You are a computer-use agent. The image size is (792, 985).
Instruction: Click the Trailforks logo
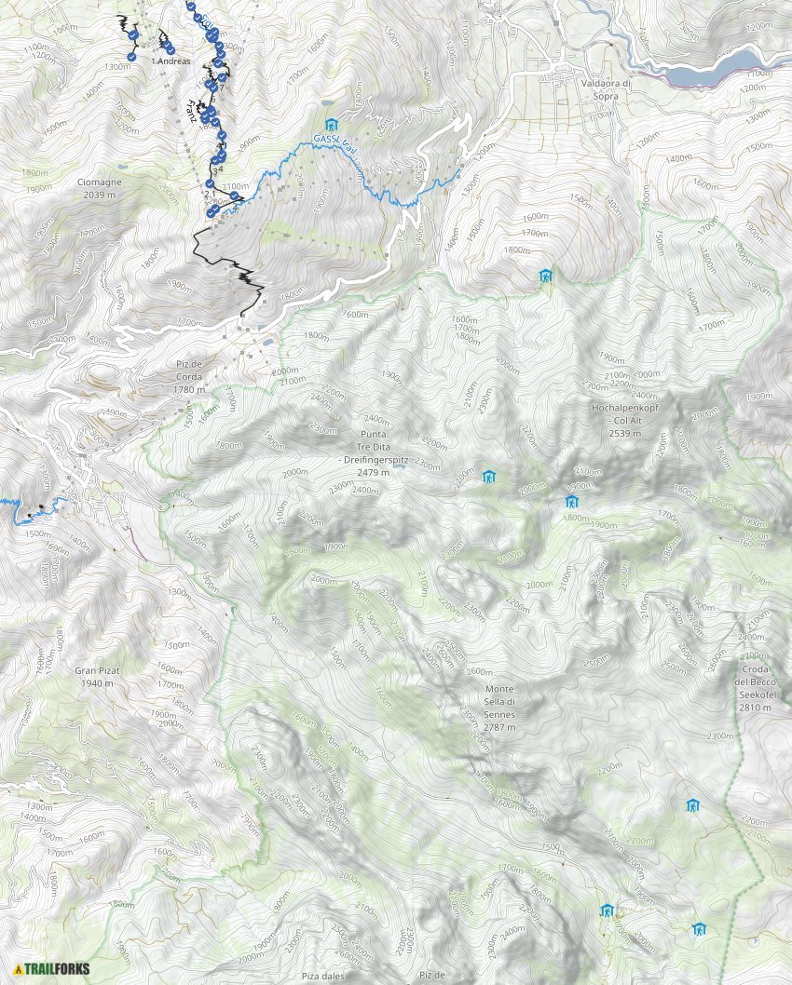coord(52,968)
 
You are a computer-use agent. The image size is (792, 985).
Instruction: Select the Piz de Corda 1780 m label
coord(189,376)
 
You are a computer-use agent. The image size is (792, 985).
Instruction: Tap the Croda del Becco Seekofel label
coord(756,689)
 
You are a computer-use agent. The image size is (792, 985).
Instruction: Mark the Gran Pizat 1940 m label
coord(95,676)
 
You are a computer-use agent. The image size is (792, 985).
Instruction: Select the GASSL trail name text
coord(336,142)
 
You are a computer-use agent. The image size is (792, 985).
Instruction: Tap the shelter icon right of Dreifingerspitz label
coord(488,478)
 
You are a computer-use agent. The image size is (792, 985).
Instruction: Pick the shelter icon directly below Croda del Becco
coord(692,805)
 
